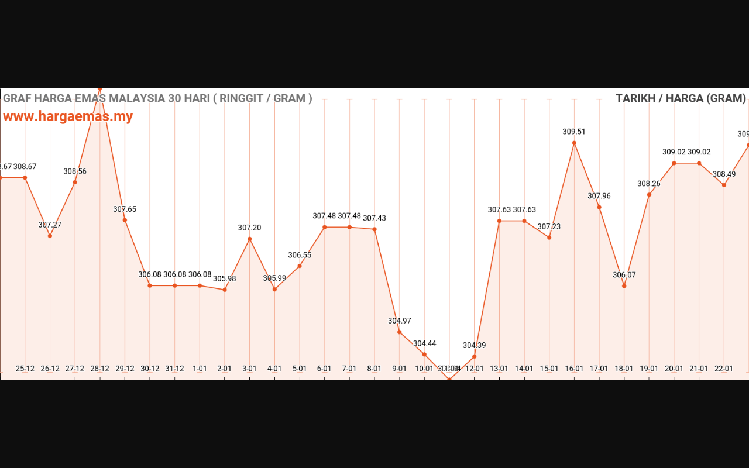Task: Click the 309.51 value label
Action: [x=574, y=132]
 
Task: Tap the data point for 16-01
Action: [x=574, y=143]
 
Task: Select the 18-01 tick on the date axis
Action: [x=624, y=369]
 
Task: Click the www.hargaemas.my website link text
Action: [x=68, y=116]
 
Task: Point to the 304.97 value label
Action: [x=400, y=321]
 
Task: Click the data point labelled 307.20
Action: [x=250, y=239]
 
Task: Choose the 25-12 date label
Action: [x=25, y=369]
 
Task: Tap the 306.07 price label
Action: [x=624, y=275]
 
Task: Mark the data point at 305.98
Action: [x=225, y=290]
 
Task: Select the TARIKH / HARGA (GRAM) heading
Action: [x=681, y=98]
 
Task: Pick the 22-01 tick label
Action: [x=724, y=369]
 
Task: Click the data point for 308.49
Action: [x=724, y=185]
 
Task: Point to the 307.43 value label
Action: [x=374, y=218]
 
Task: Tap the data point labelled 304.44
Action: [x=425, y=354]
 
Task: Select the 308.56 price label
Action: [x=75, y=171]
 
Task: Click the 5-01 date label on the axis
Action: [x=300, y=369]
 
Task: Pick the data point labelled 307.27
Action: [x=50, y=236]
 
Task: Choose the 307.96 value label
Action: [x=599, y=196]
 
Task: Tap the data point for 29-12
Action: [x=125, y=220]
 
